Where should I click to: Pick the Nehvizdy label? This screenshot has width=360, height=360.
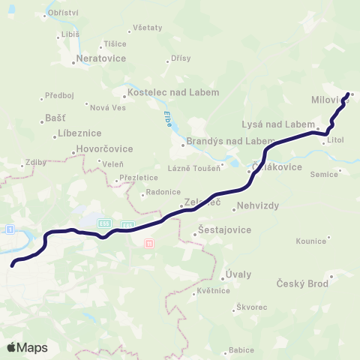pyautogui.click(x=257, y=205)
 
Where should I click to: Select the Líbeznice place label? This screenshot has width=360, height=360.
pyautogui.click(x=79, y=133)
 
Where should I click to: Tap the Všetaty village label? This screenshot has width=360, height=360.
pyautogui.click(x=147, y=28)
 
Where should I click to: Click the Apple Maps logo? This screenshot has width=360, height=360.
pyautogui.click(x=27, y=347)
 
